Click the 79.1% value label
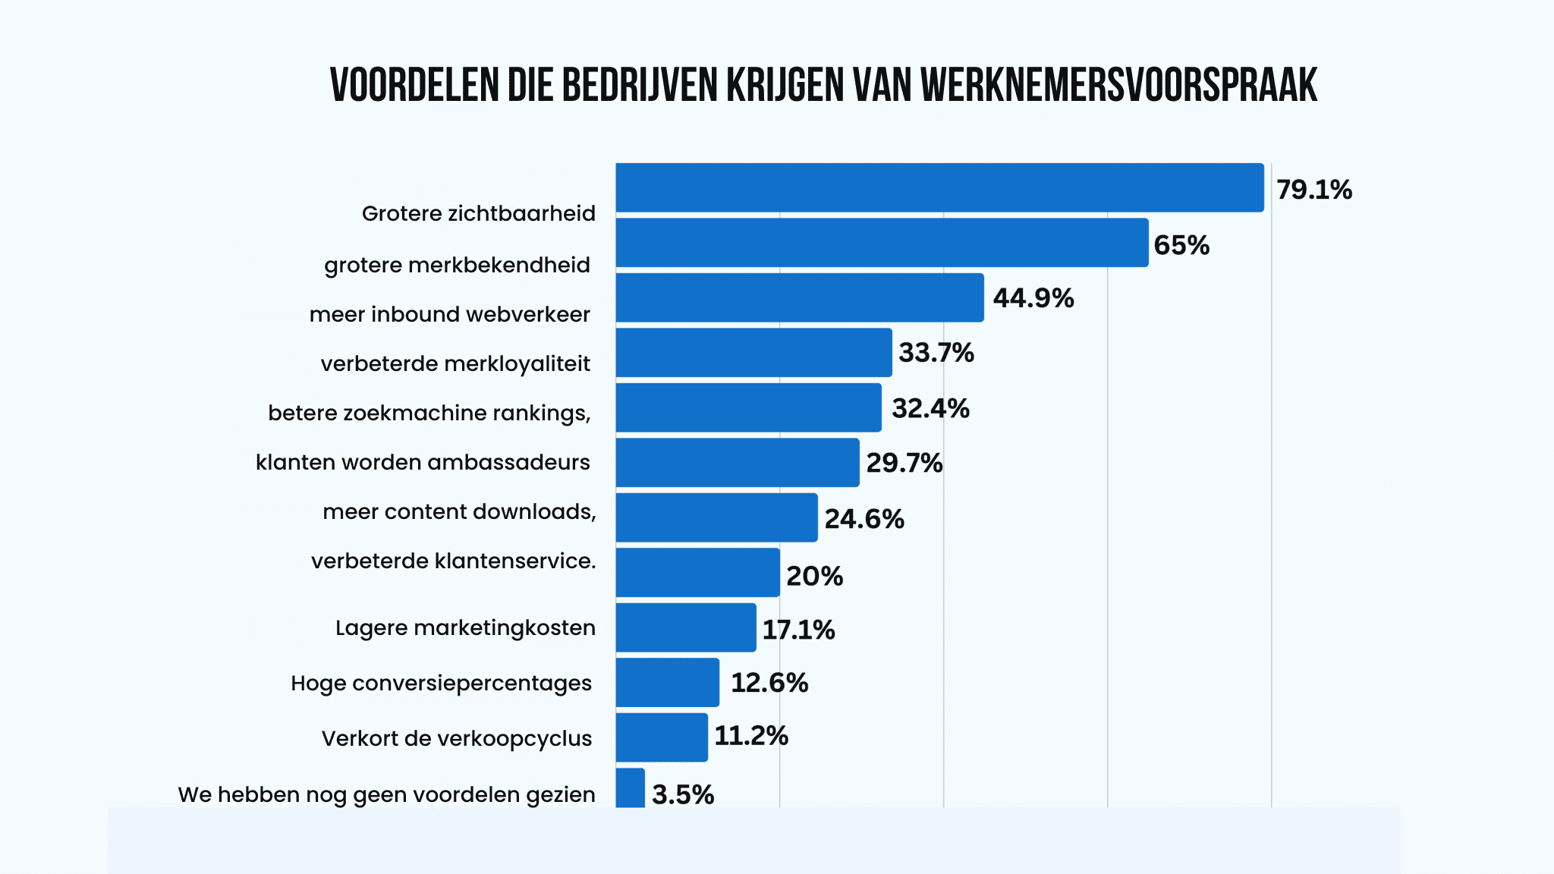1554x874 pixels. click(x=1313, y=190)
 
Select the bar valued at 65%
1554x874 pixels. click(x=882, y=243)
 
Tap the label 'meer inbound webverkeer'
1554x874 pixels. click(x=449, y=314)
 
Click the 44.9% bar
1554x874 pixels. click(x=800, y=298)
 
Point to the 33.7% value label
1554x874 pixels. click(x=936, y=353)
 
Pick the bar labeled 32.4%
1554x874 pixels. click(x=748, y=408)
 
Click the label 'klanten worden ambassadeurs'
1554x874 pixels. click(x=423, y=462)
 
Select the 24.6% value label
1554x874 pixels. click(x=864, y=519)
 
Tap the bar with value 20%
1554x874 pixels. click(x=697, y=573)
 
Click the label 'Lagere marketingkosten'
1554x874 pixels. click(x=465, y=627)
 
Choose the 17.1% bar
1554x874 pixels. click(x=686, y=627)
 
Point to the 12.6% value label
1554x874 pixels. click(x=769, y=683)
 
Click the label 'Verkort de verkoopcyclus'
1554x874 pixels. click(x=456, y=738)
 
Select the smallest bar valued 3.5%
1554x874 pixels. click(x=630, y=788)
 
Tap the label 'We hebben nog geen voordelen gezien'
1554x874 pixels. click(x=386, y=794)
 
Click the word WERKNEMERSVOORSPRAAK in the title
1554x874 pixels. click(x=1118, y=85)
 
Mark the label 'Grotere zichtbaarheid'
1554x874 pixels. click(x=478, y=213)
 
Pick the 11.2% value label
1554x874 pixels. click(x=750, y=736)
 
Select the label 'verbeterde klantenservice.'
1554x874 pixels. click(x=453, y=561)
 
